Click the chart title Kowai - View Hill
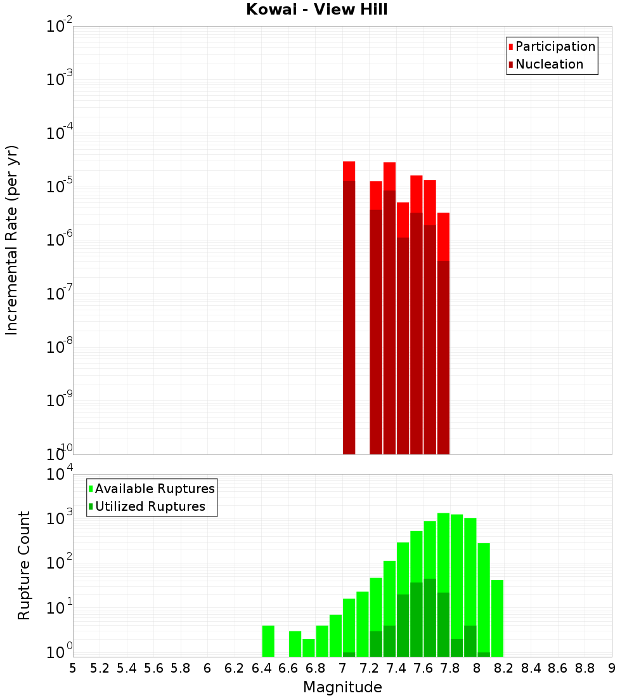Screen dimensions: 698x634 (x=316, y=10)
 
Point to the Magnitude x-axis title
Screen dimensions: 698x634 (x=342, y=687)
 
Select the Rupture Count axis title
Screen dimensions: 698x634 (x=24, y=565)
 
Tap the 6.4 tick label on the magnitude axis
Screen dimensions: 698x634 (x=261, y=668)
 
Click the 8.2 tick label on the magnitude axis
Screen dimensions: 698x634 (x=503, y=668)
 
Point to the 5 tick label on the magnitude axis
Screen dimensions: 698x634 (x=73, y=668)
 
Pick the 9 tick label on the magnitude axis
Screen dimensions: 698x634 (x=612, y=668)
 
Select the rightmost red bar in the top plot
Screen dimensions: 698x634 (x=443, y=235)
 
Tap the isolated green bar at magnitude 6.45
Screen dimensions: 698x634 (x=268, y=641)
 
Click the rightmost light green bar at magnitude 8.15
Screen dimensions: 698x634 (x=497, y=616)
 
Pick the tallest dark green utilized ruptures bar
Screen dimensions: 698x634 (x=430, y=616)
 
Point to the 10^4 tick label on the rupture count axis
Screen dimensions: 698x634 (x=60, y=474)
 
